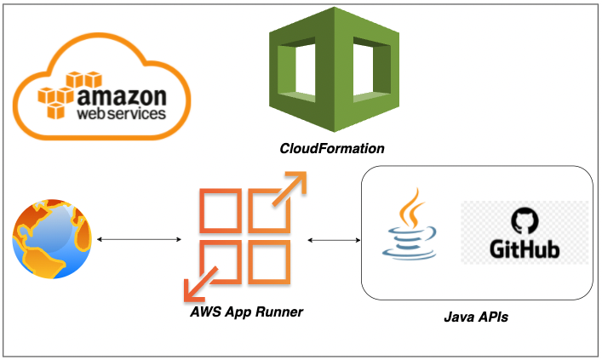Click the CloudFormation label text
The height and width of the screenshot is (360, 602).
(332, 149)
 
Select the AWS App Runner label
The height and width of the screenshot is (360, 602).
(245, 312)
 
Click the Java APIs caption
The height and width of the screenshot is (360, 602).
(477, 317)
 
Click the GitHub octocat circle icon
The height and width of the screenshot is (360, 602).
(524, 220)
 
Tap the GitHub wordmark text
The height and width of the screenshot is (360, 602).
(524, 250)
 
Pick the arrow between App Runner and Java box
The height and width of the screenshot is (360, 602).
(333, 240)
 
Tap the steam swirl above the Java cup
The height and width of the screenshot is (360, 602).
(413, 204)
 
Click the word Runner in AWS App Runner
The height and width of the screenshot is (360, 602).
(278, 312)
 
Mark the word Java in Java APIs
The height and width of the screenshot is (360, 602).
(460, 317)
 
